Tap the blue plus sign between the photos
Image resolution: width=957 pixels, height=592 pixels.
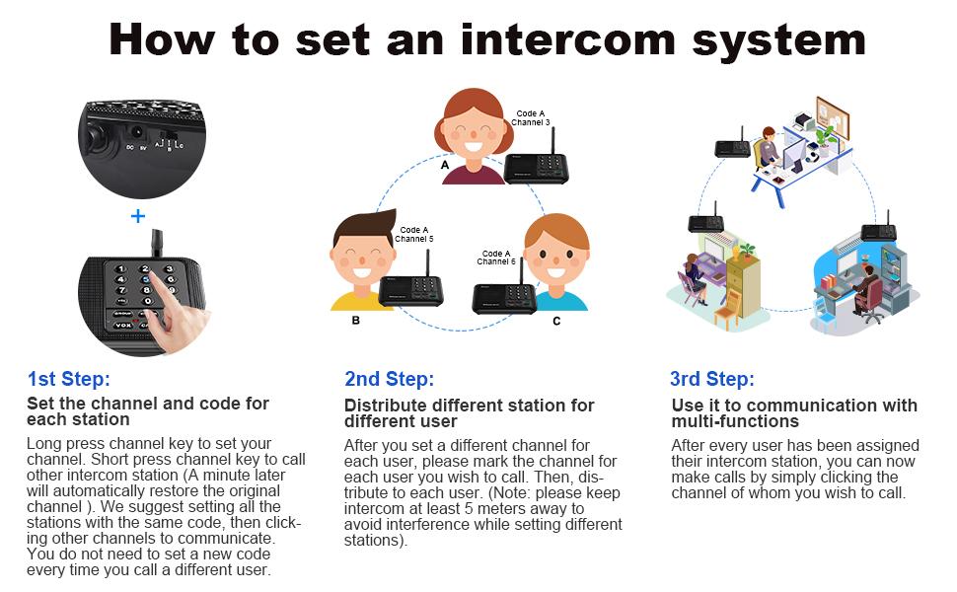[138, 215]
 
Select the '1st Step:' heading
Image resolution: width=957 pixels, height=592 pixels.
[68, 379]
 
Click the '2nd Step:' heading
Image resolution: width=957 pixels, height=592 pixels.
[389, 379]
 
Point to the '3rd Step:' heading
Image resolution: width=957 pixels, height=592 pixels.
[712, 379]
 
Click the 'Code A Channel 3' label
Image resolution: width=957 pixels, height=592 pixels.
[531, 118]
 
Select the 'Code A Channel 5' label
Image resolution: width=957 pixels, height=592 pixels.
[413, 234]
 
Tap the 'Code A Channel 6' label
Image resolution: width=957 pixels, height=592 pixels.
[496, 258]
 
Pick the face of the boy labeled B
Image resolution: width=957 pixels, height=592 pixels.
[357, 259]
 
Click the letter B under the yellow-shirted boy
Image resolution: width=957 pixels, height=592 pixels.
[356, 321]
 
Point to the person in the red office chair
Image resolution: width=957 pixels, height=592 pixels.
[865, 291]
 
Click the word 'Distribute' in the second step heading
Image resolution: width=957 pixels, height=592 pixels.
[383, 406]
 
